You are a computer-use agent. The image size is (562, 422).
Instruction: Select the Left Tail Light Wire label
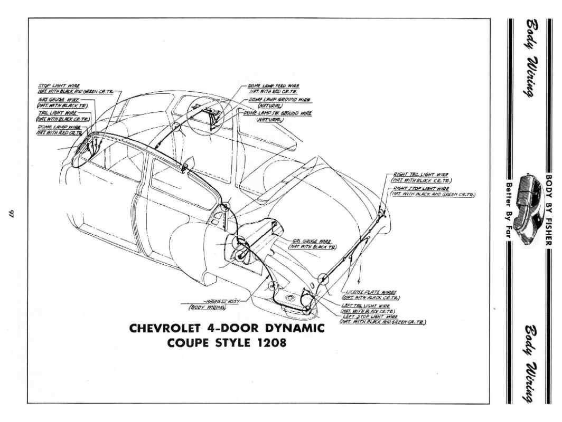[366, 305]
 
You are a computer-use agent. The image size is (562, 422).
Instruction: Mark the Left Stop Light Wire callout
[370, 316]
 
